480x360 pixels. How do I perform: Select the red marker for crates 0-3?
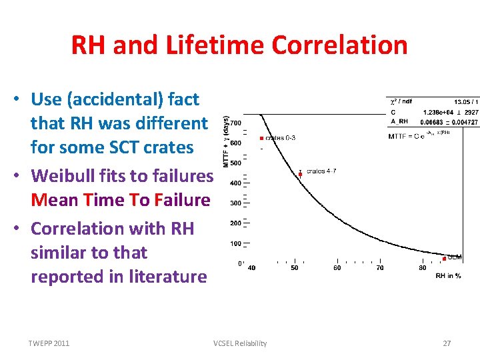click(262, 138)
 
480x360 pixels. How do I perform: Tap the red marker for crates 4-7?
click(301, 174)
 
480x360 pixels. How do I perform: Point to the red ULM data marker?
click(444, 258)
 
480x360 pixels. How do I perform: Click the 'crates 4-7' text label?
click(321, 171)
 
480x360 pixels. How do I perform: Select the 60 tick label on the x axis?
click(337, 268)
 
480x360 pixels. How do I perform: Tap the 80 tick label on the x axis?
click(423, 268)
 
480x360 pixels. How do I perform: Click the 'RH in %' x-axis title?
click(448, 276)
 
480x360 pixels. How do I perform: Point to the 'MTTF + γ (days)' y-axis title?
click(225, 141)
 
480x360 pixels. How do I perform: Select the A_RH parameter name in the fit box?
click(399, 122)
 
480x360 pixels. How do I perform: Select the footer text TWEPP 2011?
click(48, 343)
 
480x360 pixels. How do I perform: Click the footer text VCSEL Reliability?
click(240, 343)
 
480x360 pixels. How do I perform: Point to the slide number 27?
click(447, 343)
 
